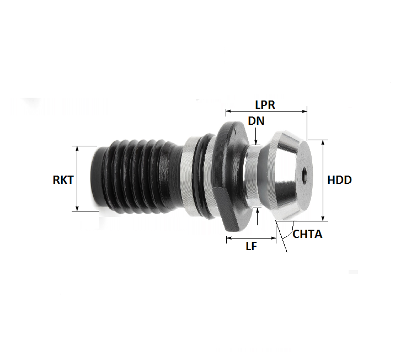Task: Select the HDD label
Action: (x=339, y=180)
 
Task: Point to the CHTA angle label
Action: (x=307, y=234)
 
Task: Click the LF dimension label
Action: (x=251, y=247)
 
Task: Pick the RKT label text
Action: (x=63, y=179)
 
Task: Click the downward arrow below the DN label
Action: (x=257, y=142)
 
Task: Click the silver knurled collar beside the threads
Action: (x=190, y=177)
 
